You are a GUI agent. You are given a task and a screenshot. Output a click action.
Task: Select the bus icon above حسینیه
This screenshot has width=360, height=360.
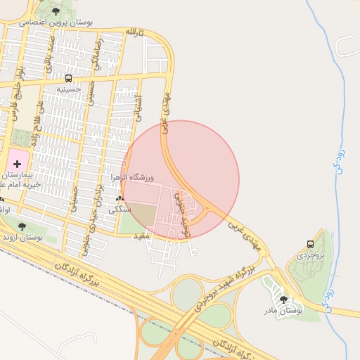pyautogui.click(x=68, y=79)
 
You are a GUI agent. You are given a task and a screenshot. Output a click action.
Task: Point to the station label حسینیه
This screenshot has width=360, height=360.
pyautogui.click(x=69, y=89)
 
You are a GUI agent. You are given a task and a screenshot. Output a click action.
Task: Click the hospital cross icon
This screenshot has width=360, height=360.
pyautogui.click(x=17, y=163)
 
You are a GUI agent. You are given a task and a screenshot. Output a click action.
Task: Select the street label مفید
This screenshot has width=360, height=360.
pyautogui.click(x=142, y=236)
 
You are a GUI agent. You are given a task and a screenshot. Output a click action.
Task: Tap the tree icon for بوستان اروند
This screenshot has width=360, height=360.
pyautogui.click(x=22, y=226)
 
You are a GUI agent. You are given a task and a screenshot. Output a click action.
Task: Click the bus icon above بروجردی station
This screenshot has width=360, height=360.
pyautogui.click(x=310, y=244)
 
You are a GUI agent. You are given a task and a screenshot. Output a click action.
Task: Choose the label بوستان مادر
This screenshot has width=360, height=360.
pyautogui.click(x=283, y=309)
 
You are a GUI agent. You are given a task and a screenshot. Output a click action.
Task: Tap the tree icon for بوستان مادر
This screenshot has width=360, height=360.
pyautogui.click(x=283, y=299)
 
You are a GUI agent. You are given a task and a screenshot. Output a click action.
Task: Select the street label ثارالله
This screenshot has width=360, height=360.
pyautogui.click(x=134, y=32)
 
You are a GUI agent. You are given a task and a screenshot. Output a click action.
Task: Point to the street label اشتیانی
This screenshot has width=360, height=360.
pyautogui.click(x=137, y=108)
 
